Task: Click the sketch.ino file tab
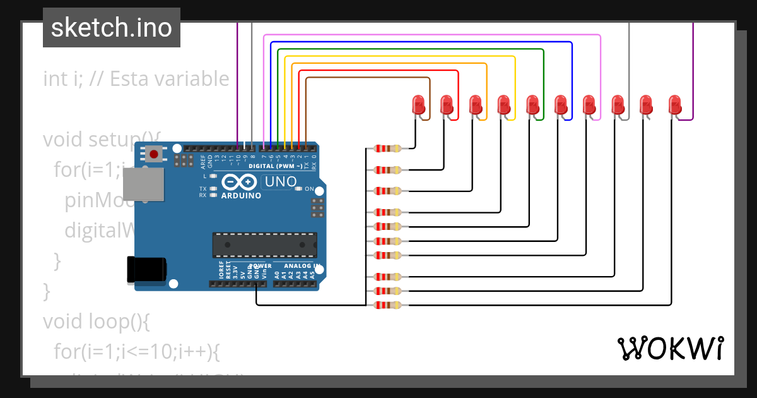111,28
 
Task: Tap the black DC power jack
146,269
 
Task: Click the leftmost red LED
418,104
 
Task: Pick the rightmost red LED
674,104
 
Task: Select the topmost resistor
387,149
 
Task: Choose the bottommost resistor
387,305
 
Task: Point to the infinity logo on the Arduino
240,183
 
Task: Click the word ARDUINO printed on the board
241,196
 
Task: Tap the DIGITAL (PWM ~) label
276,166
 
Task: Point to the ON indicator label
309,189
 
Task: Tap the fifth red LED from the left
532,104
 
